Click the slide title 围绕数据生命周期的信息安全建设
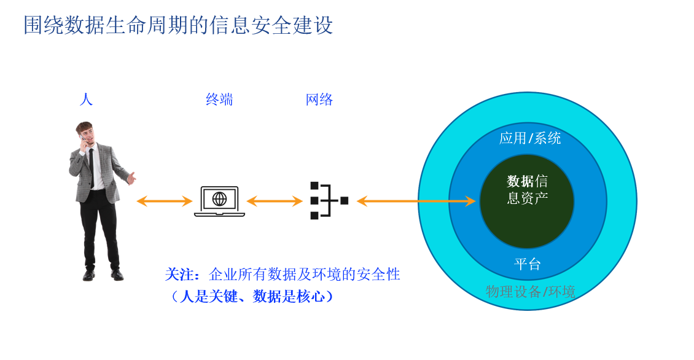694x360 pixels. [x=178, y=26]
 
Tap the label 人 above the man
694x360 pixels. [x=86, y=99]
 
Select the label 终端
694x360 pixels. [x=219, y=100]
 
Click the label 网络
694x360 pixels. [x=319, y=100]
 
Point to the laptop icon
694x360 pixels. [x=219, y=202]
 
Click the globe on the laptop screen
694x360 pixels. [x=219, y=198]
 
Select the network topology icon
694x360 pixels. [x=329, y=201]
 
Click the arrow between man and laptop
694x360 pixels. [x=164, y=201]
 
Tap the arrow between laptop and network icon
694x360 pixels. [x=275, y=201]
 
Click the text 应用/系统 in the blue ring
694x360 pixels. [x=529, y=138]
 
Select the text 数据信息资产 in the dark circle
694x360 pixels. [x=527, y=189]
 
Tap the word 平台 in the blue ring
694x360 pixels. [x=528, y=265]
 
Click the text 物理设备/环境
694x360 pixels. [x=530, y=291]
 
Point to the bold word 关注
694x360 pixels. [x=180, y=275]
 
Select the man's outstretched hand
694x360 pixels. [x=131, y=178]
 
